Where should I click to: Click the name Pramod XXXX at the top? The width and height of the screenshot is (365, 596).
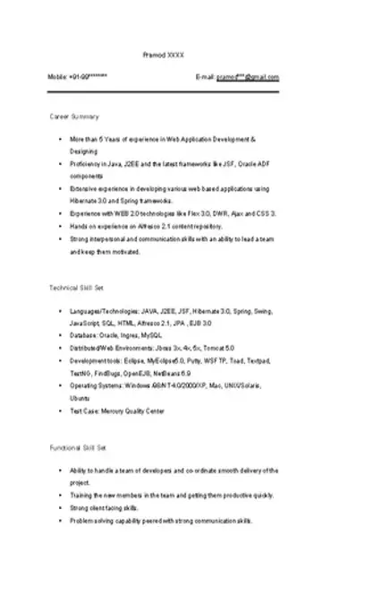tap(163, 56)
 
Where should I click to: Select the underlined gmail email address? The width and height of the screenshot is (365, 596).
tap(248, 78)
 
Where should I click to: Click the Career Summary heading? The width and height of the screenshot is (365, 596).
tap(74, 117)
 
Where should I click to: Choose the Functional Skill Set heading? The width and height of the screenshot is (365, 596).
tap(78, 446)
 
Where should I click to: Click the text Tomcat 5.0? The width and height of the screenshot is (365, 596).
tap(216, 347)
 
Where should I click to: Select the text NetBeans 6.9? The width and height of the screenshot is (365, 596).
tap(173, 371)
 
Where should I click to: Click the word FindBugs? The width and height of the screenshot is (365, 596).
tap(109, 371)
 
